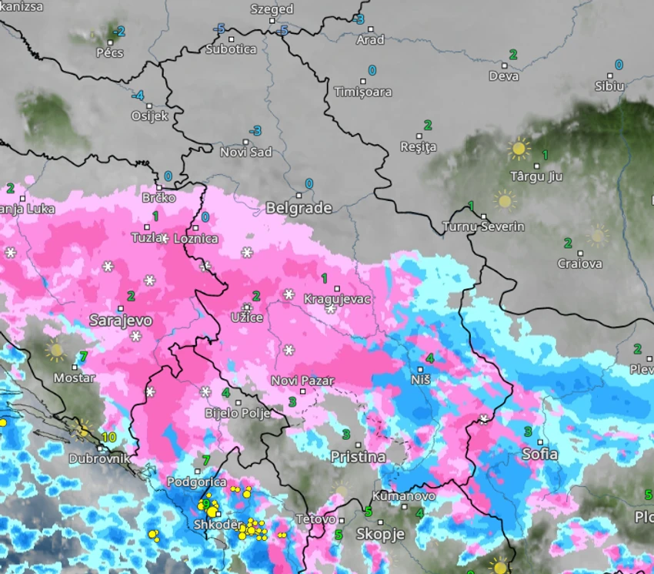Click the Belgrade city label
tap(299, 208)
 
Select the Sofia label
tap(539, 454)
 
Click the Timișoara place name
tap(362, 92)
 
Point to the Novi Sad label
tap(246, 152)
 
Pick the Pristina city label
tap(358, 457)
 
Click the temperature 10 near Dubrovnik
tap(108, 437)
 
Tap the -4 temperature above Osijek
tap(138, 96)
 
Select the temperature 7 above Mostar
tap(82, 357)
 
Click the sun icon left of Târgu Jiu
tap(519, 149)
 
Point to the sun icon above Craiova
tap(597, 235)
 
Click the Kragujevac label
tap(338, 299)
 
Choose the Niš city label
tap(421, 380)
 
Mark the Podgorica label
tap(197, 482)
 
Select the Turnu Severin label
tap(483, 227)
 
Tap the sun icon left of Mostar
tap(55, 351)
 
